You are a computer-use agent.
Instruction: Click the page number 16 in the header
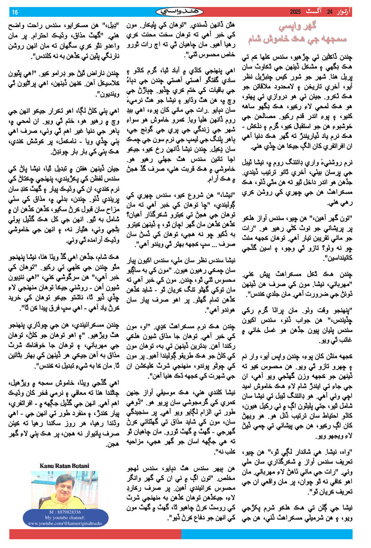[x=14, y=11]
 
